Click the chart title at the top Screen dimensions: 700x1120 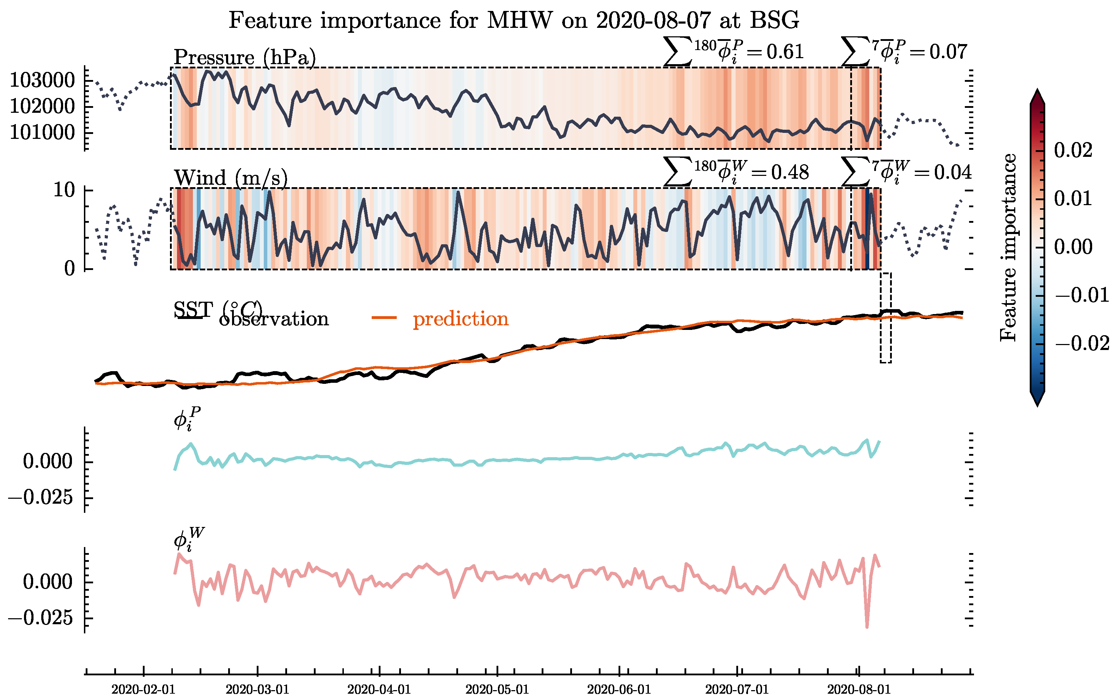[x=514, y=20]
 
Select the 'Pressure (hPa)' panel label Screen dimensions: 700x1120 [x=245, y=57]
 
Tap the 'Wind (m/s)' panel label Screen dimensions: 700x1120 [x=231, y=178]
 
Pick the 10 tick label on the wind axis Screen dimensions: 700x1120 [x=64, y=190]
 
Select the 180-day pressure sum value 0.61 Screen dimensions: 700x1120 [x=785, y=52]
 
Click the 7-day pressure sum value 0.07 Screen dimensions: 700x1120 [x=948, y=52]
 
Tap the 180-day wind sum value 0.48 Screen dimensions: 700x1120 [x=789, y=172]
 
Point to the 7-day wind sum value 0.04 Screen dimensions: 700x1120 [x=952, y=172]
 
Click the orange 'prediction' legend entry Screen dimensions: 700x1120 [x=460, y=319]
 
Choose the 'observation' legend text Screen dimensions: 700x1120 [x=273, y=319]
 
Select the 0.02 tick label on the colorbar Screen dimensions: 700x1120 [x=1073, y=150]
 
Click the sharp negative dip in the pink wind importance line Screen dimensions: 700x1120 [x=867, y=626]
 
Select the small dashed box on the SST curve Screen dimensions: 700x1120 [x=885, y=318]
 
